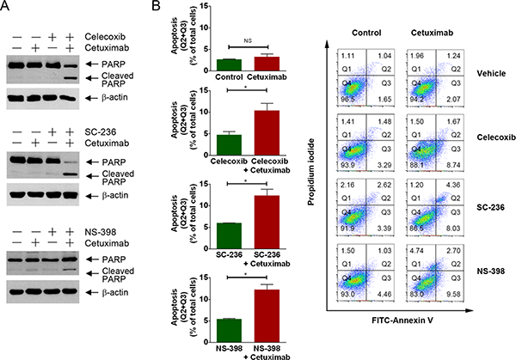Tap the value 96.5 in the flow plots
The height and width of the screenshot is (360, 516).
click(x=346, y=100)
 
